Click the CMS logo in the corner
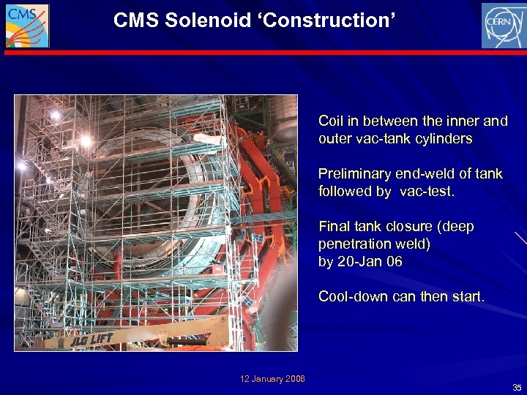point(27,26)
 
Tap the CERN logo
point(503,26)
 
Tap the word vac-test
point(427,192)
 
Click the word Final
point(334,227)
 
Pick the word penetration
point(352,244)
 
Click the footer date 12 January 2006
point(273,378)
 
